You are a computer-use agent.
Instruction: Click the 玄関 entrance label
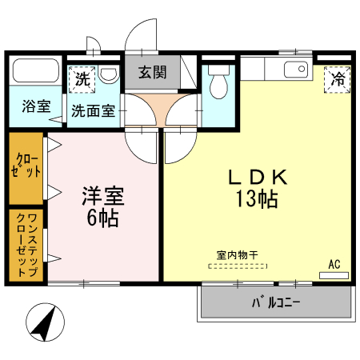(x=151, y=72)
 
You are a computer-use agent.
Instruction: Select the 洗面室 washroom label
(x=93, y=110)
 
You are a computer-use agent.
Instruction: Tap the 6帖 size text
(x=102, y=218)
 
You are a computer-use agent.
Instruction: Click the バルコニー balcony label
(x=275, y=303)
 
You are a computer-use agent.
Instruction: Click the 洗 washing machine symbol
(x=82, y=78)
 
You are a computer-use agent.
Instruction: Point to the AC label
(x=334, y=264)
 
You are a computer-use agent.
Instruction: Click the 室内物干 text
(x=237, y=255)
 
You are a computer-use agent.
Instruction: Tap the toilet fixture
(x=218, y=83)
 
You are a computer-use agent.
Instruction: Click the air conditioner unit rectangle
(x=334, y=275)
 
